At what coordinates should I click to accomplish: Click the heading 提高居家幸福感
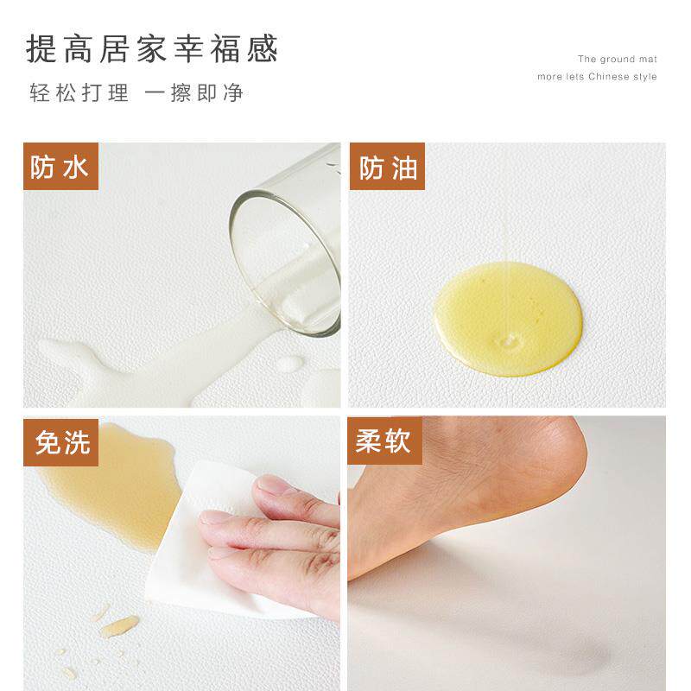(x=152, y=49)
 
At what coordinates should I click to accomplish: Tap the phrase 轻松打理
(x=79, y=93)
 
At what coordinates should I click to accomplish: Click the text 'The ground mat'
(x=617, y=60)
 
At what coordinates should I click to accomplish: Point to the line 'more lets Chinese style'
(x=597, y=77)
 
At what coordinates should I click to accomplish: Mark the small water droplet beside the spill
(x=290, y=364)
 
